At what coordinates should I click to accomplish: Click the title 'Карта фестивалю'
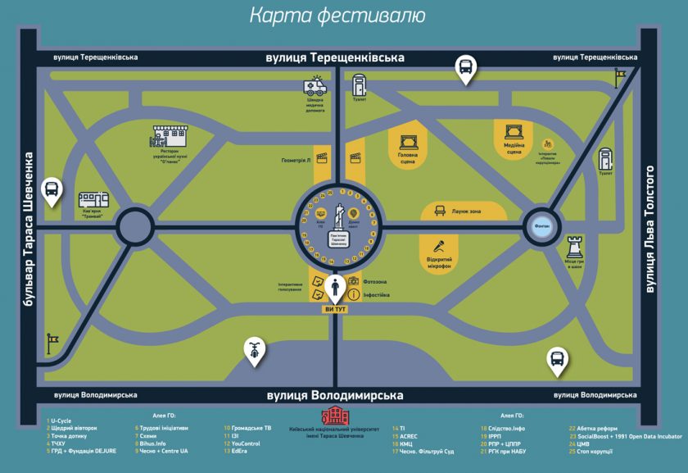[337, 16]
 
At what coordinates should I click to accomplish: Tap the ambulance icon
[315, 86]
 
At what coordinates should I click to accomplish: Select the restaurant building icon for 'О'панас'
[172, 135]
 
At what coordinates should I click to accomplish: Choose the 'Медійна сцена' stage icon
[514, 130]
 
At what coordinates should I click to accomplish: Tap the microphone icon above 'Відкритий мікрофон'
[439, 245]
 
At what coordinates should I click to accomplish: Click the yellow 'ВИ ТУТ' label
[337, 309]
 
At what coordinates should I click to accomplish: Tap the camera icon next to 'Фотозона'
[354, 281]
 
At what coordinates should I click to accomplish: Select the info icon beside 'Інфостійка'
[354, 294]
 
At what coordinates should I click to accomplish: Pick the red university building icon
[335, 416]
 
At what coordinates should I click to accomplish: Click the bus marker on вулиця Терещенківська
[465, 67]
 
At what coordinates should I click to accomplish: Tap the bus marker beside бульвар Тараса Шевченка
[52, 191]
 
